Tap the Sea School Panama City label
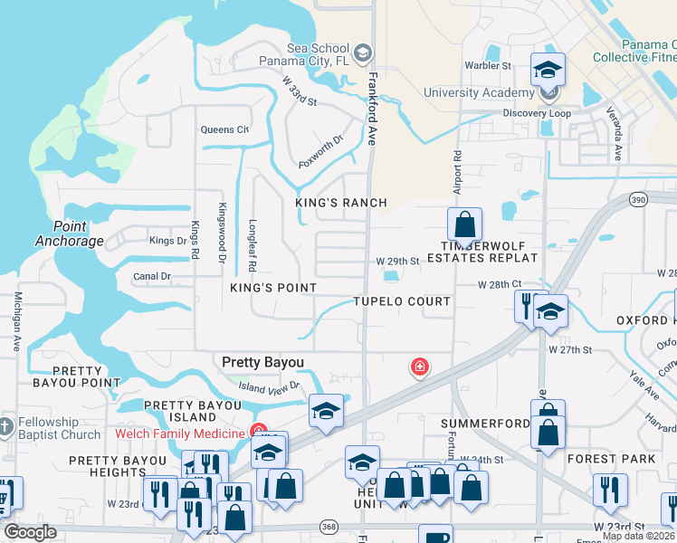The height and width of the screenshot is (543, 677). click(304, 54)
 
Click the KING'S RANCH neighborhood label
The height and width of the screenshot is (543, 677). click(341, 203)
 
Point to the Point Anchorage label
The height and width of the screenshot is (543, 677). click(70, 233)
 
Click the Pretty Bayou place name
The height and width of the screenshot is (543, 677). click(262, 362)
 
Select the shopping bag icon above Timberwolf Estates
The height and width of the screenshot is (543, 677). click(464, 224)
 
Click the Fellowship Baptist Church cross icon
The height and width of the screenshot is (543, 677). click(5, 424)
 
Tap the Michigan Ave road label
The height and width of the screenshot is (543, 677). click(16, 321)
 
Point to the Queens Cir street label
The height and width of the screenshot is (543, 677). click(224, 129)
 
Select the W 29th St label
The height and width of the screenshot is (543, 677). click(398, 262)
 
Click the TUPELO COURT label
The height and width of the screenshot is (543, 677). click(402, 301)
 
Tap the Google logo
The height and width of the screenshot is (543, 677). click(30, 532)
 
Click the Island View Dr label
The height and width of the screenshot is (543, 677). click(269, 387)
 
